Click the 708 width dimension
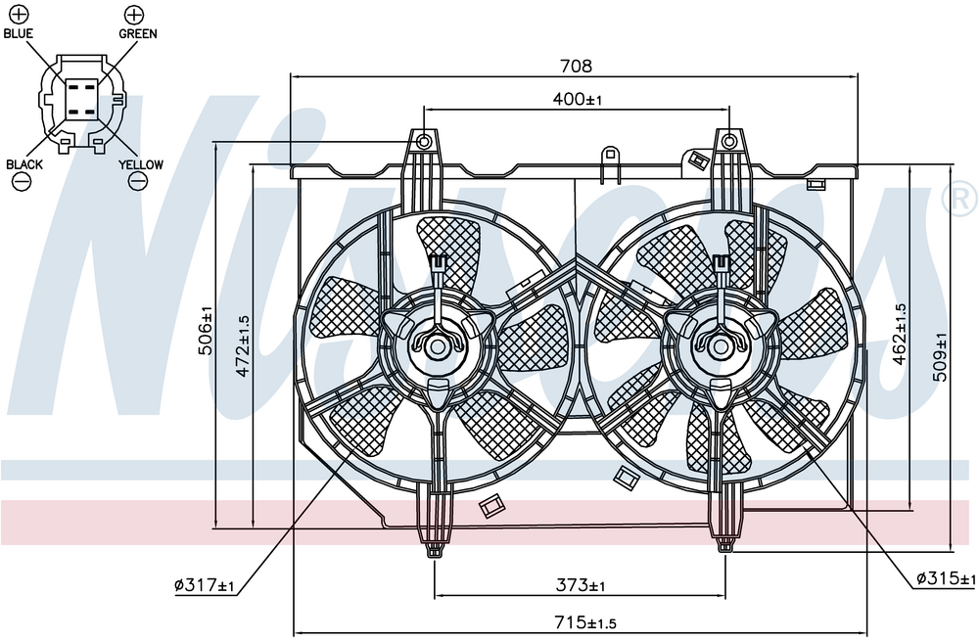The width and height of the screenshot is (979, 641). tap(576, 66)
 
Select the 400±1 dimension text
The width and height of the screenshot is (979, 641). tap(578, 99)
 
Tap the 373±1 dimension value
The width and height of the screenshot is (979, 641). tap(581, 585)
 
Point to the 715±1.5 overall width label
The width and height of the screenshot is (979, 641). tap(585, 622)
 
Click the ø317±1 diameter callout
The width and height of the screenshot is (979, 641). tap(204, 585)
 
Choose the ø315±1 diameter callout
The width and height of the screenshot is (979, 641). tap(946, 578)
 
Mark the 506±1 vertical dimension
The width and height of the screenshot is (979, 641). tap(206, 330)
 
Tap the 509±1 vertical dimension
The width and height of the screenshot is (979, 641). tap(940, 357)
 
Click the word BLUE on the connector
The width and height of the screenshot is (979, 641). tap(18, 33)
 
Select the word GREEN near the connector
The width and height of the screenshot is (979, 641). tap(138, 33)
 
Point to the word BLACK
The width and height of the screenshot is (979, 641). tap(24, 164)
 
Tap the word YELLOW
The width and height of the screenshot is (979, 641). tap(141, 164)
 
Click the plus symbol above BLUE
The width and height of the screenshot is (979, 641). tap(20, 15)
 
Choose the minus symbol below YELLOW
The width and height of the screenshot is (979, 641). tap(137, 182)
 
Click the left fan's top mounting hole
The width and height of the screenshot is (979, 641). tap(423, 142)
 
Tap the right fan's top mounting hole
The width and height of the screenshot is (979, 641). tap(728, 142)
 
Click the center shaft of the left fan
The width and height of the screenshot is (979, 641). tap(437, 347)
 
